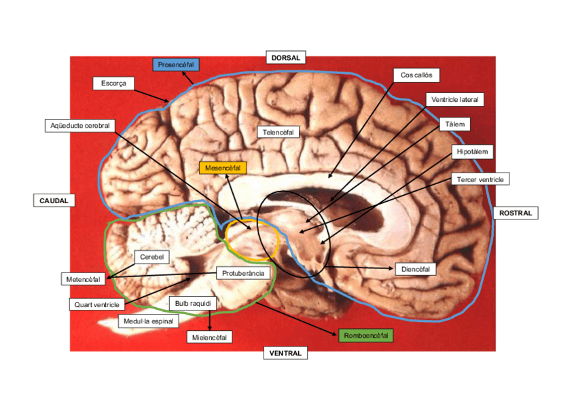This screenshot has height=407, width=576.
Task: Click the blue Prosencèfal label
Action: [x=176, y=65]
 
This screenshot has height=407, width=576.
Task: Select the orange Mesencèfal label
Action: [x=223, y=166]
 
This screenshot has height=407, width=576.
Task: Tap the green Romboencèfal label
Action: [x=366, y=335]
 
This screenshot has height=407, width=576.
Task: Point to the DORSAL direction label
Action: [x=285, y=58]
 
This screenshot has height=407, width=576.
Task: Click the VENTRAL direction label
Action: [x=285, y=353]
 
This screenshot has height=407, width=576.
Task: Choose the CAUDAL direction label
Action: [x=54, y=200]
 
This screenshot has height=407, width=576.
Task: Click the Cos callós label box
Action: [x=416, y=75]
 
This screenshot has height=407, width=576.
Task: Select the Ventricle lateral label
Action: [x=455, y=99]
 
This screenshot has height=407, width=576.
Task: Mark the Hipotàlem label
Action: [x=473, y=152]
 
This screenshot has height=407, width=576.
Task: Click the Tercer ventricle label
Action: [x=480, y=179]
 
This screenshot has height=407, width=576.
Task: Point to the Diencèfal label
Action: [x=416, y=269]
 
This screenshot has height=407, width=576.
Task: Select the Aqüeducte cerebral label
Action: [x=80, y=126]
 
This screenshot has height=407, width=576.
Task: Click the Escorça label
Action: [x=113, y=83]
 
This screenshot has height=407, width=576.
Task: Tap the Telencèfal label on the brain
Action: [x=278, y=132]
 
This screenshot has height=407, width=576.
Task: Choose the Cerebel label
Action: [x=151, y=257]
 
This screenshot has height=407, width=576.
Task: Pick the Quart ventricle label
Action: [x=97, y=304]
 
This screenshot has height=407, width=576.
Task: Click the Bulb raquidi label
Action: [x=193, y=302]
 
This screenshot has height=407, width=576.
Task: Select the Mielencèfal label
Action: [x=209, y=336]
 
